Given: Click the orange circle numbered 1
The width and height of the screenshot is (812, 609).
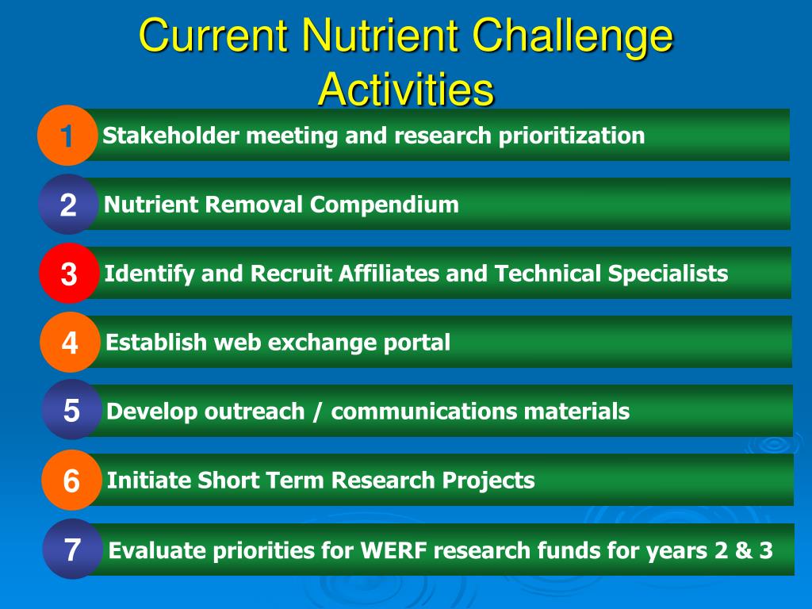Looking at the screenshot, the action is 67,136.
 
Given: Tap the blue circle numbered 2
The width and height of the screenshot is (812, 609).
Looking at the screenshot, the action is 68,205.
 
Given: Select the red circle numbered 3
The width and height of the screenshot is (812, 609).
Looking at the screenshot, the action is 70,274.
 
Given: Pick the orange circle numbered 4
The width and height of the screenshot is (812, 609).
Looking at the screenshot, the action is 71,343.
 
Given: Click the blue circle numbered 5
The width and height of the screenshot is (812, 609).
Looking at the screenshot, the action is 71,410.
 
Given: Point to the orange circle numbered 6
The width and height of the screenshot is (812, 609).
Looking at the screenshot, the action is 72,480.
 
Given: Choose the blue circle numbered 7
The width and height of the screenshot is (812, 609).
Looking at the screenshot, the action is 73,549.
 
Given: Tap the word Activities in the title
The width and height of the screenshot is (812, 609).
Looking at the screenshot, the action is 407,89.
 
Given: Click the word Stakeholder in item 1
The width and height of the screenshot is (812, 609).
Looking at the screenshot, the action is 171,136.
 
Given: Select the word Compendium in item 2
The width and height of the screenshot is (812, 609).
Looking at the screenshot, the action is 385,205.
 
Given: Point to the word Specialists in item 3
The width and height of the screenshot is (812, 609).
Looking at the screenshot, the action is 668,274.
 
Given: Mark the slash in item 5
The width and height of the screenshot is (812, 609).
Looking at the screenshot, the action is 317,412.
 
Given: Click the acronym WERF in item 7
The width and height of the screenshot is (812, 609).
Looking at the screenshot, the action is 393,550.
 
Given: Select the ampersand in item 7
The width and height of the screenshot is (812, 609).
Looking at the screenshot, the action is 744,550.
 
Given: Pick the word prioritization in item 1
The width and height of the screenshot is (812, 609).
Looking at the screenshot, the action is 571,136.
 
